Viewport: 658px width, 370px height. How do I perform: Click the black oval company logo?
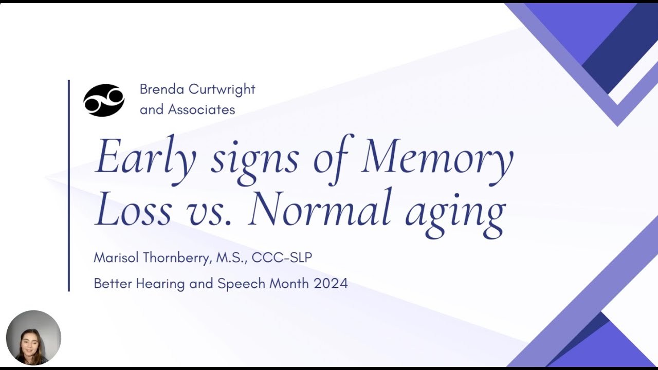pyautogui.click(x=104, y=100)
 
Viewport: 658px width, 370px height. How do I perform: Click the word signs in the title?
pyautogui.click(x=255, y=159)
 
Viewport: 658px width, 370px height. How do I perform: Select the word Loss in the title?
pyautogui.click(x=133, y=210)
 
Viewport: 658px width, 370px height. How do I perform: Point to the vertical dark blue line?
pyautogui.click(x=69, y=185)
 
